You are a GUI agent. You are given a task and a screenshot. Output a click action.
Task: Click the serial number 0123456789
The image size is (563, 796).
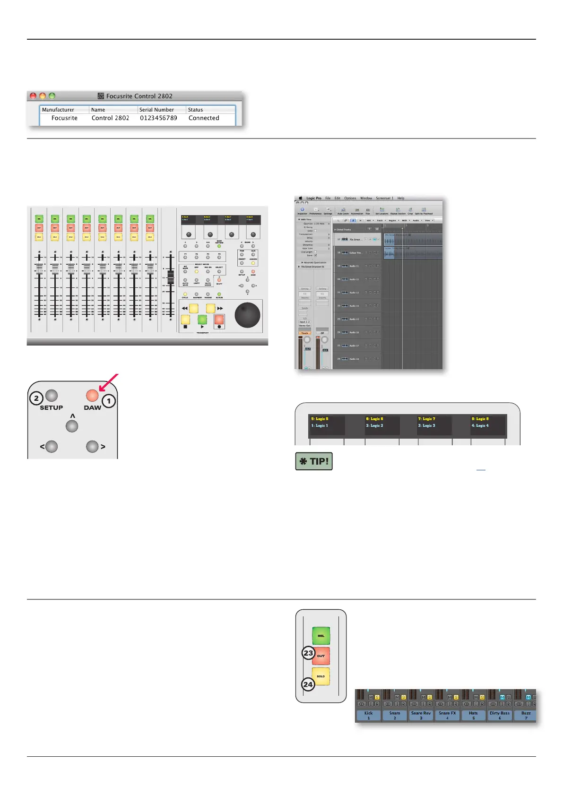tap(158, 118)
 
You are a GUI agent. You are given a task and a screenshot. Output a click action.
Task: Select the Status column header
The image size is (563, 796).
tap(195, 110)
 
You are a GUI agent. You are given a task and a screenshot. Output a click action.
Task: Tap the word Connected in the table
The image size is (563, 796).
tap(204, 118)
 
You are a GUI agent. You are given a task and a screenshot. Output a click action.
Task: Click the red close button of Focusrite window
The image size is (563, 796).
tap(33, 96)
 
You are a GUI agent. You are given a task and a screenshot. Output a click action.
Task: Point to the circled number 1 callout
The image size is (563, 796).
tap(109, 401)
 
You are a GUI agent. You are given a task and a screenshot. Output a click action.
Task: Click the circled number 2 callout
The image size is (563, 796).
tap(36, 398)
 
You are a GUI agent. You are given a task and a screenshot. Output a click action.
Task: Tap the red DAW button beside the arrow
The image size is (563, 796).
tap(92, 395)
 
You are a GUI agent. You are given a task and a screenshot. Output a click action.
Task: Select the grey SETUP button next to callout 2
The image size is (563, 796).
tap(52, 395)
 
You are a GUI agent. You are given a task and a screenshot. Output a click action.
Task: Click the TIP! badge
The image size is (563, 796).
tap(314, 461)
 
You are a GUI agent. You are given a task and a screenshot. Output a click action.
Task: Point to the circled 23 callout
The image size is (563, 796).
tap(308, 653)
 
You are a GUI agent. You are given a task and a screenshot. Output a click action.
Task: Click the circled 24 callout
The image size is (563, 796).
tap(308, 684)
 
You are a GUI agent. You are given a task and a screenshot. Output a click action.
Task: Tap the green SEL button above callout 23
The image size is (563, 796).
tap(321, 636)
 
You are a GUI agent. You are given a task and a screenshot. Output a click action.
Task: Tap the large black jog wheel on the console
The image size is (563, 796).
tap(247, 315)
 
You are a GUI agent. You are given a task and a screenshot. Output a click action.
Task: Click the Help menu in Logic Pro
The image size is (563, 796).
tap(401, 199)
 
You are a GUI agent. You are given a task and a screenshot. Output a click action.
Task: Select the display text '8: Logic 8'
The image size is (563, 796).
tap(480, 419)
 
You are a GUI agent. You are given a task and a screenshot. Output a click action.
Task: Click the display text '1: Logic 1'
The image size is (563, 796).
tap(320, 425)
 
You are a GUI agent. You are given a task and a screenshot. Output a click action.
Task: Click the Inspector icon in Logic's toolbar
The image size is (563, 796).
tap(303, 210)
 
